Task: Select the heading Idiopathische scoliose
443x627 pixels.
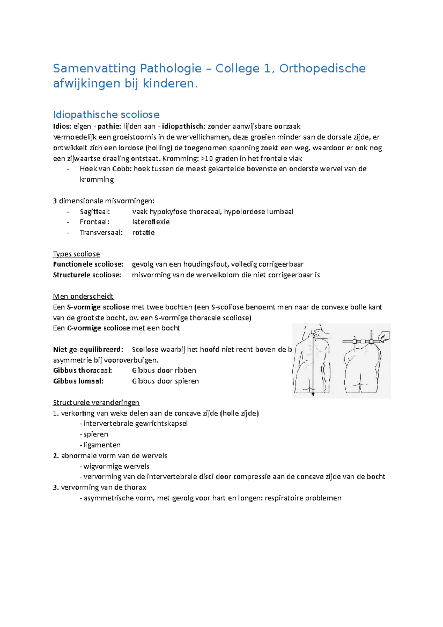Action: coord(106,114)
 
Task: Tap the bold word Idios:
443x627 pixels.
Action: coord(62,127)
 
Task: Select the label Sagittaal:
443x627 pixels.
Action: coord(95,212)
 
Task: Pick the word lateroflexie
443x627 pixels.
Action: coord(151,222)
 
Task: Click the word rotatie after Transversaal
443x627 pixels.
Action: coord(143,233)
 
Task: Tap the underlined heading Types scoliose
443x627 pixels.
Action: coord(76,254)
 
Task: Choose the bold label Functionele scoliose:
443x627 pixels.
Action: coord(88,264)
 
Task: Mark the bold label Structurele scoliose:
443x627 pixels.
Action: coord(87,275)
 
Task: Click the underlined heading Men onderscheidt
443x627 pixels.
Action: coord(83,297)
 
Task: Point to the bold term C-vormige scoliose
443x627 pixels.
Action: coord(99,328)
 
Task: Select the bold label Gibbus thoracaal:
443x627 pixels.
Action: coord(83,370)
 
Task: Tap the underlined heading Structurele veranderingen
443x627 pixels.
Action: coord(96,402)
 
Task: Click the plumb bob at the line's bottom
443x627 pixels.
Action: coord(313,394)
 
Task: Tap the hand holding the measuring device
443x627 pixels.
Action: coord(384,336)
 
